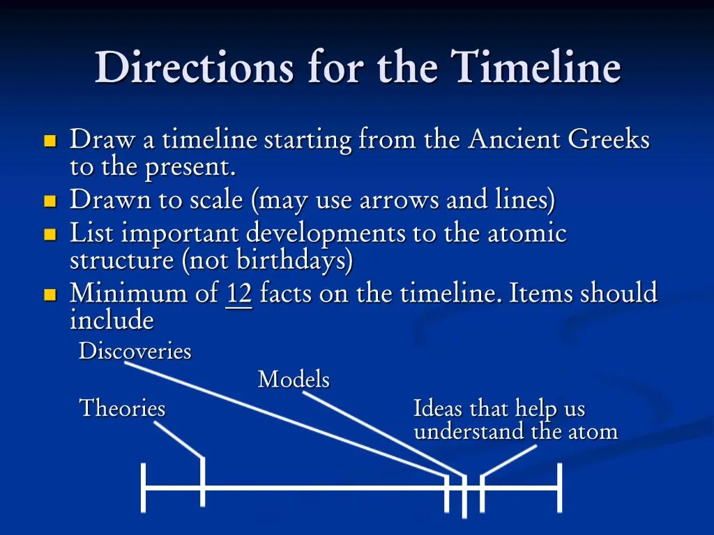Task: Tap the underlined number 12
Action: (238, 294)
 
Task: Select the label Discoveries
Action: (135, 351)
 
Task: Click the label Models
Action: (294, 380)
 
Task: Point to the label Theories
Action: (122, 408)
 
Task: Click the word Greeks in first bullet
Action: (608, 140)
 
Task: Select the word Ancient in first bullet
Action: (514, 140)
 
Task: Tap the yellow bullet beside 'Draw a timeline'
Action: (50, 141)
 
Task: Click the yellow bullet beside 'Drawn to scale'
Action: (50, 202)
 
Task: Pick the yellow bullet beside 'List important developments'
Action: (50, 234)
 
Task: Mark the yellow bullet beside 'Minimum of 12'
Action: (50, 295)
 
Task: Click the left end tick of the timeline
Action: (144, 488)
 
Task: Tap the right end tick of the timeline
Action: (559, 488)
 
